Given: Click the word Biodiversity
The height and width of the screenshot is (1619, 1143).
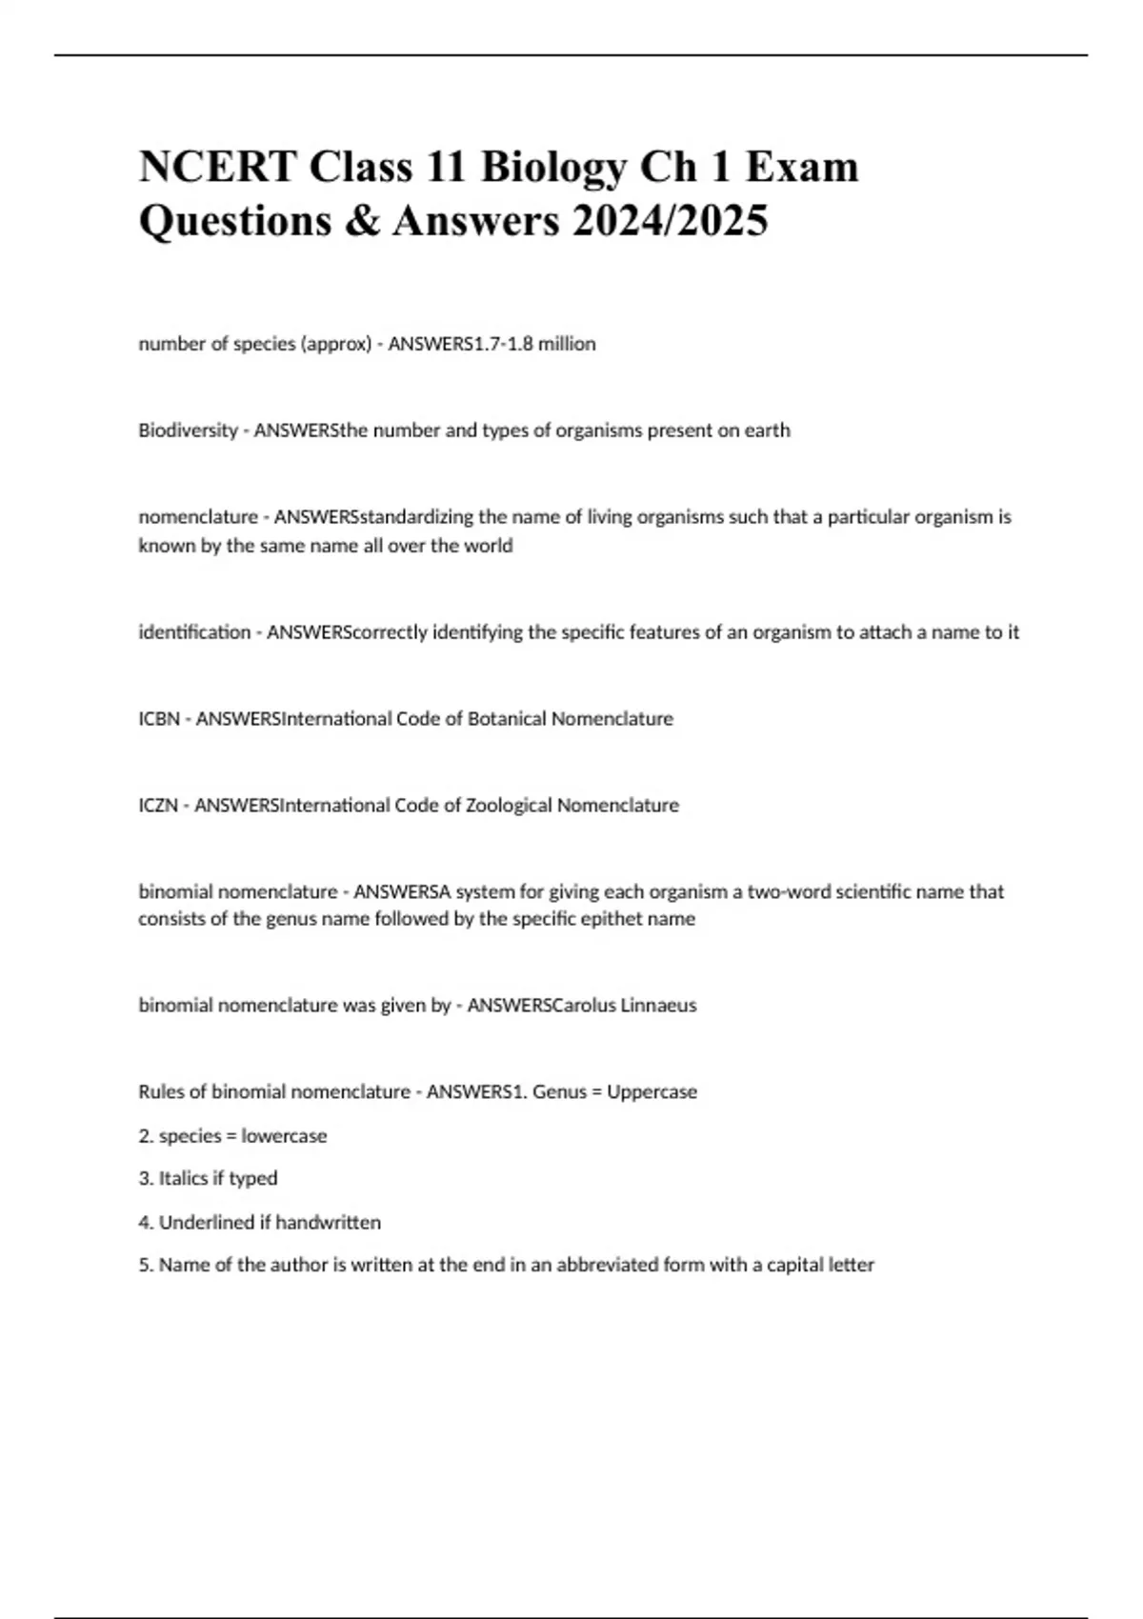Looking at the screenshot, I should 188,430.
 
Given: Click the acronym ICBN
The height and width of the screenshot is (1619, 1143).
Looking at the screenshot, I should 159,719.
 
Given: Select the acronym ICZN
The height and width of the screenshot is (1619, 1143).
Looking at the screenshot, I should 158,806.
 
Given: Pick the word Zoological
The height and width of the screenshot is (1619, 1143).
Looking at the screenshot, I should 509,806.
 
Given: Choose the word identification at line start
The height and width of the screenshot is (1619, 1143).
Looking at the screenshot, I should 194,632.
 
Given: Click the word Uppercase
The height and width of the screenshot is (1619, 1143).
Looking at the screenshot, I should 652,1092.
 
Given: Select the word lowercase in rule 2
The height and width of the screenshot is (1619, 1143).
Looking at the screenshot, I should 284,1136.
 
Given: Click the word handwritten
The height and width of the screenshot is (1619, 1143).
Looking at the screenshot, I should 328,1223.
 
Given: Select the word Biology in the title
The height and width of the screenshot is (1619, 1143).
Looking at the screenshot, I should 552,168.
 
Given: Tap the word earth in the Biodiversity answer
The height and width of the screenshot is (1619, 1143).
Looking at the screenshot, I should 768,430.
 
